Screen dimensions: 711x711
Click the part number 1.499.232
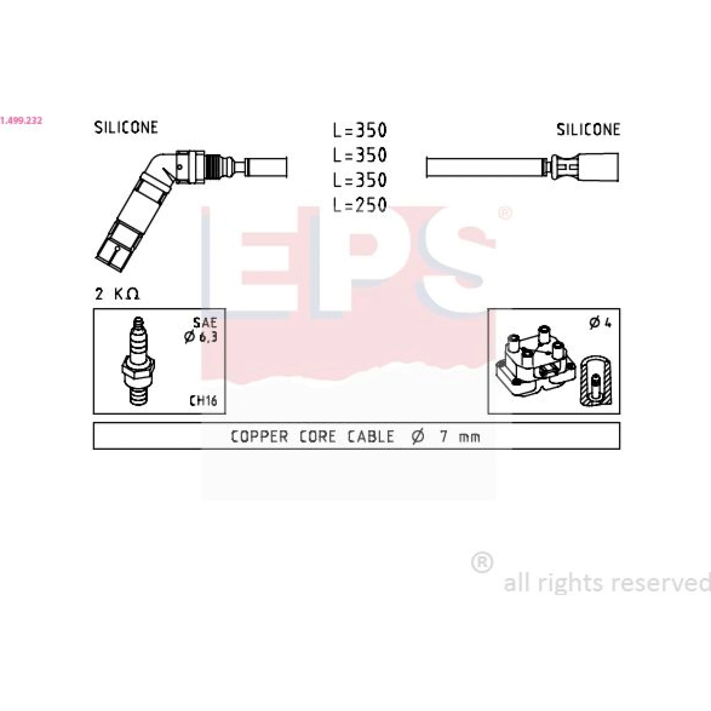21,120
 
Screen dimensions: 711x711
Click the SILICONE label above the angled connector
126,128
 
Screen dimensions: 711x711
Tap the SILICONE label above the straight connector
588,129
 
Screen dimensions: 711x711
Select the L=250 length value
360,204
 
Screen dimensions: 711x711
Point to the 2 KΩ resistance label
117,293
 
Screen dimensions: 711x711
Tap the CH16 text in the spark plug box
203,400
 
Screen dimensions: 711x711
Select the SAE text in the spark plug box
205,323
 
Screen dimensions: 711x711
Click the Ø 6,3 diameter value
201,337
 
